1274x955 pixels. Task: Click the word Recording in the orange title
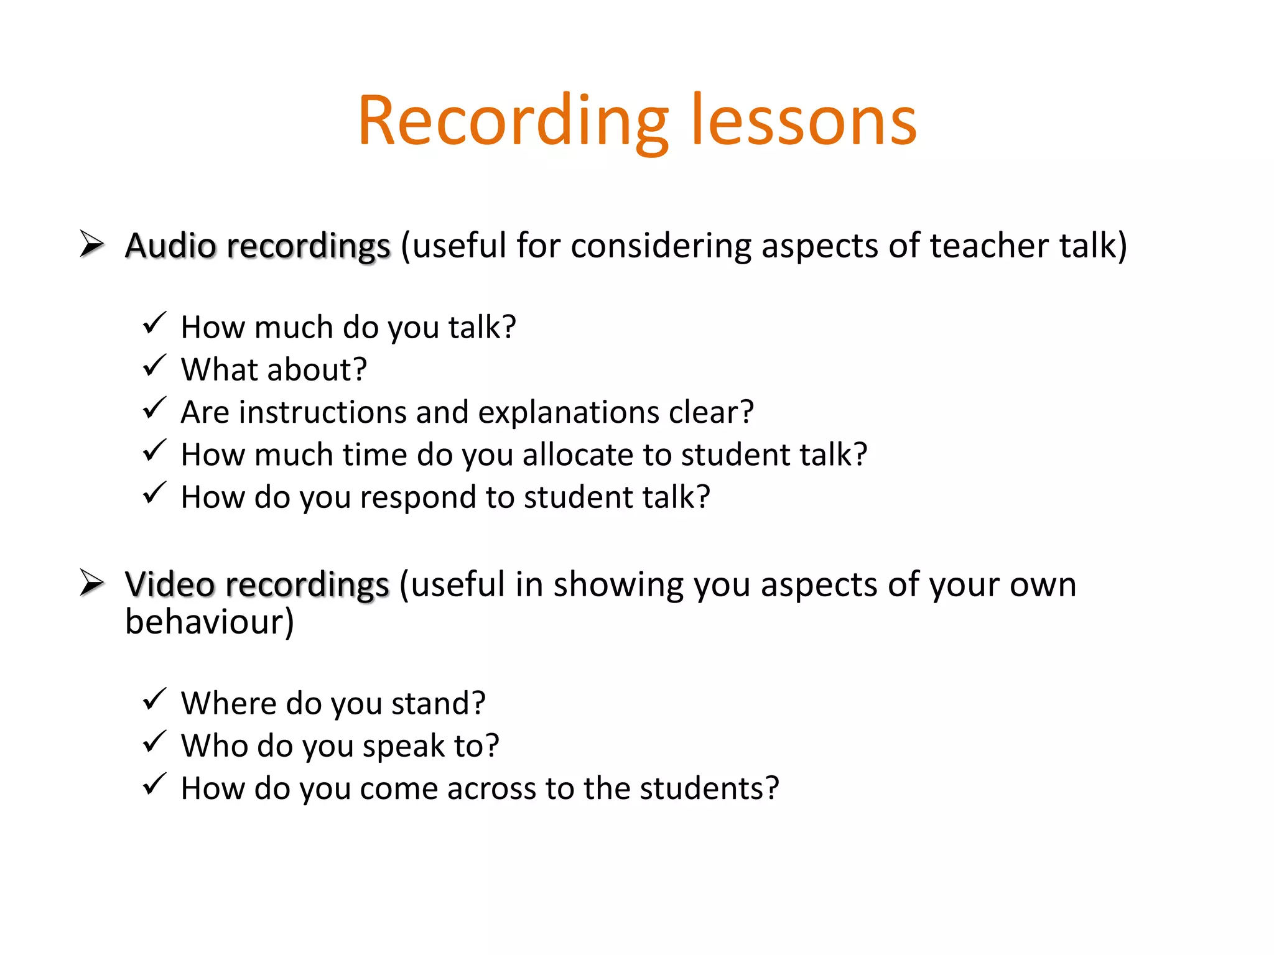point(513,121)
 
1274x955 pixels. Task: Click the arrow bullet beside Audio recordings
point(91,244)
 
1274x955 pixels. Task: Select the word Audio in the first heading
point(170,246)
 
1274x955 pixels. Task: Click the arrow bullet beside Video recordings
point(91,583)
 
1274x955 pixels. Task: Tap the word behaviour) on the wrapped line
point(210,622)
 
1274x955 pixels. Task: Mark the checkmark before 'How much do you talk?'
point(154,323)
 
